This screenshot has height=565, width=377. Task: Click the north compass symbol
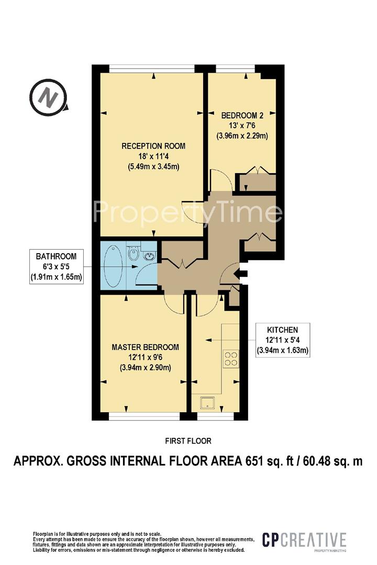48,97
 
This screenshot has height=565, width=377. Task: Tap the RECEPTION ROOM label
153,146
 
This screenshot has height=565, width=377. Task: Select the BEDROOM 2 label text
242,115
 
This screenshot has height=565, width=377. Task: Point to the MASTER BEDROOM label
145,347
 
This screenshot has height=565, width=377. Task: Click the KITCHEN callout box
282,340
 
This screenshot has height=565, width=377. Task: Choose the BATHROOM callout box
56,267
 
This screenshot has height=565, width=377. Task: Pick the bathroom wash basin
149,256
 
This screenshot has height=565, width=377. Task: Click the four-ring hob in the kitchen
231,359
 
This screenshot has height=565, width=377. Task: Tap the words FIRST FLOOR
188,440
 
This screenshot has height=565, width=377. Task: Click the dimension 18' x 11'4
153,156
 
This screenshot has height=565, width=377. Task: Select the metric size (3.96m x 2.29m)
242,136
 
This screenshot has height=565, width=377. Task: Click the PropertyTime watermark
187,212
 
